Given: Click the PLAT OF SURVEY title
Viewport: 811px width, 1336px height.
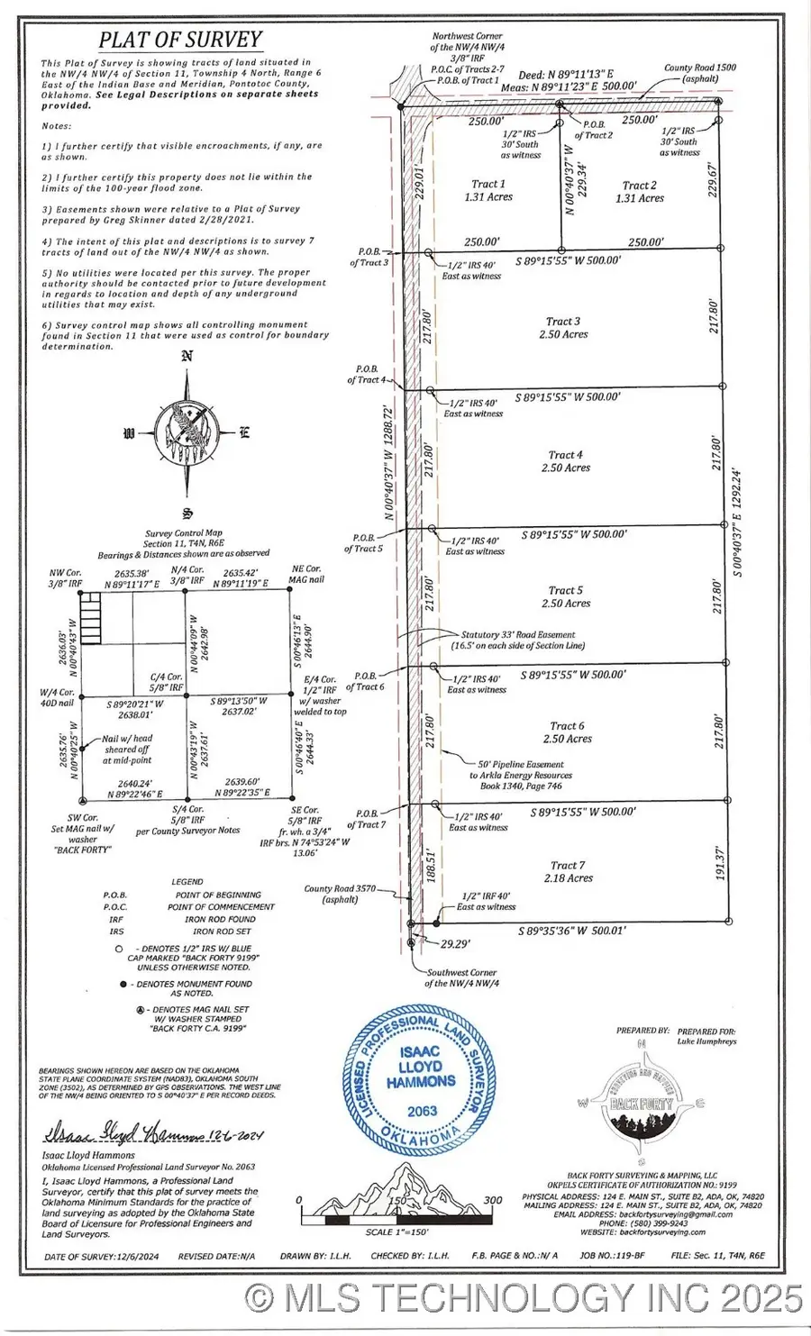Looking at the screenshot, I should (180, 40).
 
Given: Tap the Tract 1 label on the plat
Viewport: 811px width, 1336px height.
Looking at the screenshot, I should (488, 184).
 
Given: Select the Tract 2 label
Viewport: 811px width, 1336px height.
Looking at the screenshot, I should (640, 186).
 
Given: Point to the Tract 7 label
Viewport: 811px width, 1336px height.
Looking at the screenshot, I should (568, 865).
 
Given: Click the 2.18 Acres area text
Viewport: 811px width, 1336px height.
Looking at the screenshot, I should (568, 878).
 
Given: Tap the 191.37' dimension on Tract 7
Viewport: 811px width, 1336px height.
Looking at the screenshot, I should (720, 862).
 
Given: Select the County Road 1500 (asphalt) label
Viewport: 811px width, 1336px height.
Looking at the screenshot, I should (700, 73).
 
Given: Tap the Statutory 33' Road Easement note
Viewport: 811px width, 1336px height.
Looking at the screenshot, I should (518, 640).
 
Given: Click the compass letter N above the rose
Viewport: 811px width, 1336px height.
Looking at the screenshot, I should (187, 355).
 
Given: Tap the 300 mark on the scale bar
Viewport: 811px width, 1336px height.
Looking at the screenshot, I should (492, 1200).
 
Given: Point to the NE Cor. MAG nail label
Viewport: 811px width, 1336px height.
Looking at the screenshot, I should (305, 574).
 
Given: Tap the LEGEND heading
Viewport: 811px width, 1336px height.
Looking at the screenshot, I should (187, 882).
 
